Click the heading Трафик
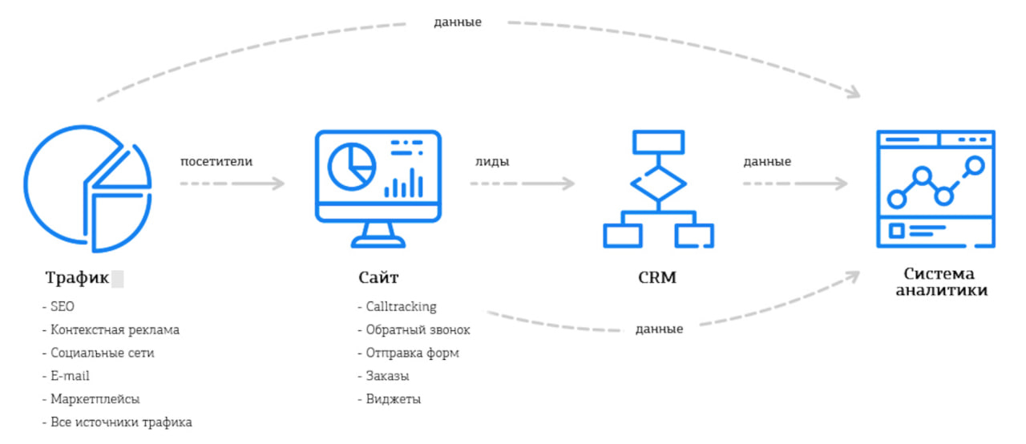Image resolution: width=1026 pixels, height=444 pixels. [77, 279]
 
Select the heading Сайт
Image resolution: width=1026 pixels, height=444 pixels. [378, 279]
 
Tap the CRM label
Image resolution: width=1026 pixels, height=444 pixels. [657, 279]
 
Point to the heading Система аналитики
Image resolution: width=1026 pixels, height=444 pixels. [941, 282]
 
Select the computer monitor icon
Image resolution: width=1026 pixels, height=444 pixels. [378, 187]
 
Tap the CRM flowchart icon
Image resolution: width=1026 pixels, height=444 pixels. [658, 189]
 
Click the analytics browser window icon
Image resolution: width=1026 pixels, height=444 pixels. [935, 189]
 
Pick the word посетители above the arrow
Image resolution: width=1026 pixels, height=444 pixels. [216, 161]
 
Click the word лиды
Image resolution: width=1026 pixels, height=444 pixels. [492, 161]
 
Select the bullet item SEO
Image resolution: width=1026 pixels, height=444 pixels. [61, 306]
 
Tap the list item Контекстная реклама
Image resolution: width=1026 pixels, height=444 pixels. [114, 329]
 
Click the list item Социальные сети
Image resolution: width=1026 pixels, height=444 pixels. [101, 353]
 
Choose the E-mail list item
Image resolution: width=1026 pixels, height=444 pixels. [69, 376]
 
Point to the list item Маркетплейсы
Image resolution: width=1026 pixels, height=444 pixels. [95, 399]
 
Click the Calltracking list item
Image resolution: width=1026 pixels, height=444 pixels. [400, 306]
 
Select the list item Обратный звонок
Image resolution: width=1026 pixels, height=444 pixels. [417, 329]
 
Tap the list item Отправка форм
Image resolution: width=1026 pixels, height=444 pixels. [411, 353]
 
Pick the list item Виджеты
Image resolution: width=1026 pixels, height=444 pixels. [393, 399]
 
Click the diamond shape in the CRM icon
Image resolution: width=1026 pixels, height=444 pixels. [658, 184]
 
